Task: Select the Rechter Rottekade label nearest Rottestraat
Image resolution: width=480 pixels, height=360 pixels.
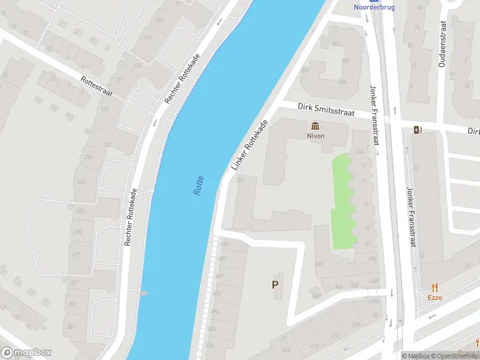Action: click(x=183, y=76)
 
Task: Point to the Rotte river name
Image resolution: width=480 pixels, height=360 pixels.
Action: click(x=199, y=185)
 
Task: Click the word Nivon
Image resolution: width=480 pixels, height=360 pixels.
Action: click(x=316, y=136)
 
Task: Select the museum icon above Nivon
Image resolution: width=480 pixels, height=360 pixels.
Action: click(x=316, y=126)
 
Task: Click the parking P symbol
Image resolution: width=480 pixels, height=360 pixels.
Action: click(x=275, y=285)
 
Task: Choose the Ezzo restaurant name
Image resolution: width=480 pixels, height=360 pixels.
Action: click(x=434, y=298)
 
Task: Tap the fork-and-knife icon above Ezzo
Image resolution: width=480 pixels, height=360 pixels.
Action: click(x=434, y=288)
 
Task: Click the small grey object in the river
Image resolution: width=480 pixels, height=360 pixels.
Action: click(x=144, y=293)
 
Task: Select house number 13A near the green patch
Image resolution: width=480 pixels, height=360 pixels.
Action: click(x=359, y=152)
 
